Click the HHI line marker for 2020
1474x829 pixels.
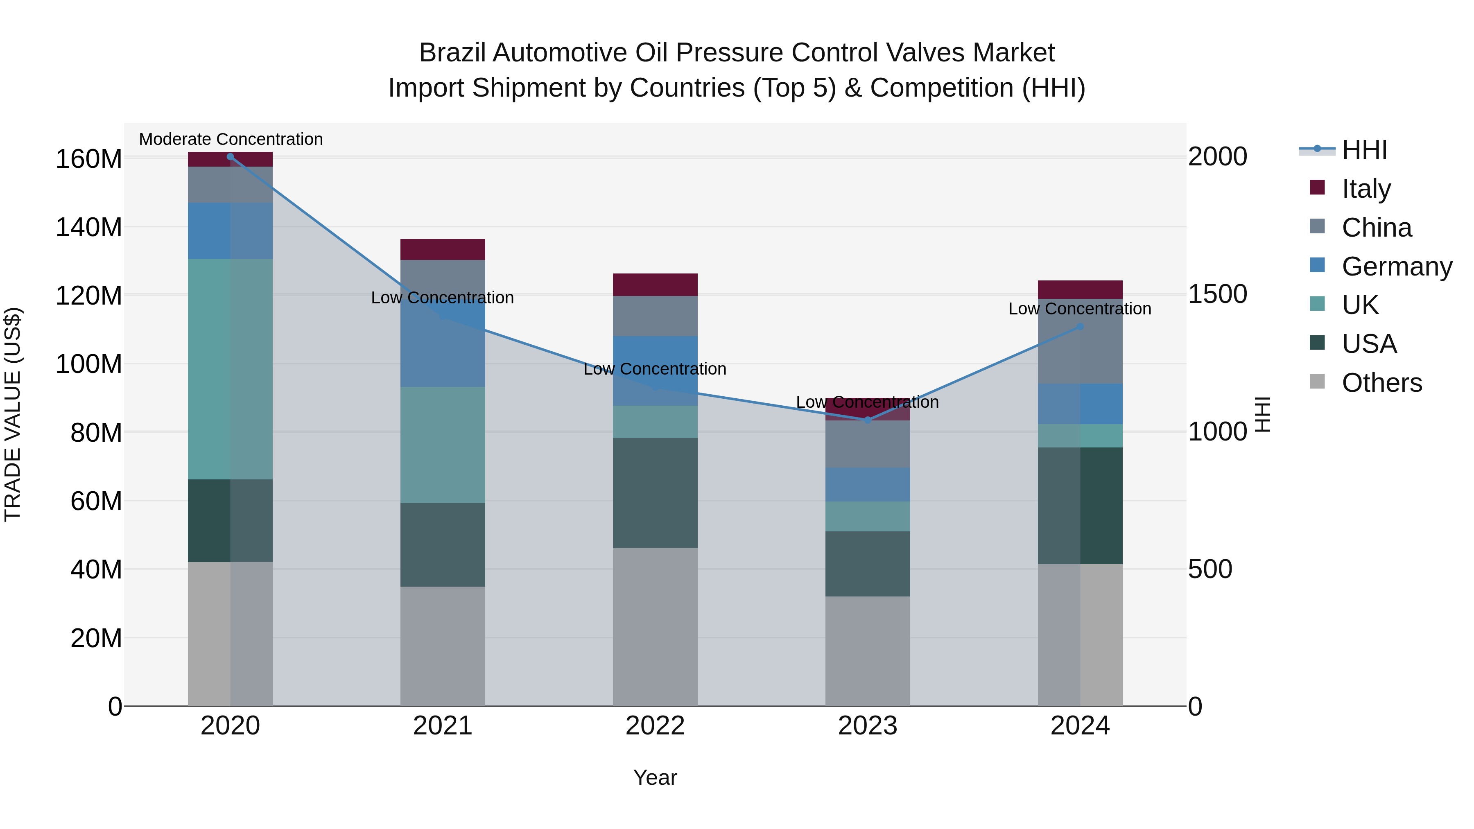tap(230, 156)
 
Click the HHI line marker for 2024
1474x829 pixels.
tap(1080, 327)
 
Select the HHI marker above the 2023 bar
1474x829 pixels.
tap(868, 420)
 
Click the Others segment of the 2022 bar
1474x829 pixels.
tap(655, 626)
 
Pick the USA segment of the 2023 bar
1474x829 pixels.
tap(868, 564)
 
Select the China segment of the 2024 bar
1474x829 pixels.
tap(1080, 341)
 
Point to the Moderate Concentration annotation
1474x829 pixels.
tap(231, 139)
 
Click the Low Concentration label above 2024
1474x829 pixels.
tap(1079, 309)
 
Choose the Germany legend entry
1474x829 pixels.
tap(1396, 267)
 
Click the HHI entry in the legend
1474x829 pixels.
tap(1364, 150)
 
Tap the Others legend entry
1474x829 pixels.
tap(1381, 383)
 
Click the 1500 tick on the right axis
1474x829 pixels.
tap(1217, 294)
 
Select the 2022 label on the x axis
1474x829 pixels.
tap(655, 726)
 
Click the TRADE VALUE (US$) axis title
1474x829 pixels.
tap(13, 414)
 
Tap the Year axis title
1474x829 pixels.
tap(655, 777)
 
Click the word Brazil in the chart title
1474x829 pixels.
tap(452, 53)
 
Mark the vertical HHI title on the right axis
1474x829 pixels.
tap(1262, 414)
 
